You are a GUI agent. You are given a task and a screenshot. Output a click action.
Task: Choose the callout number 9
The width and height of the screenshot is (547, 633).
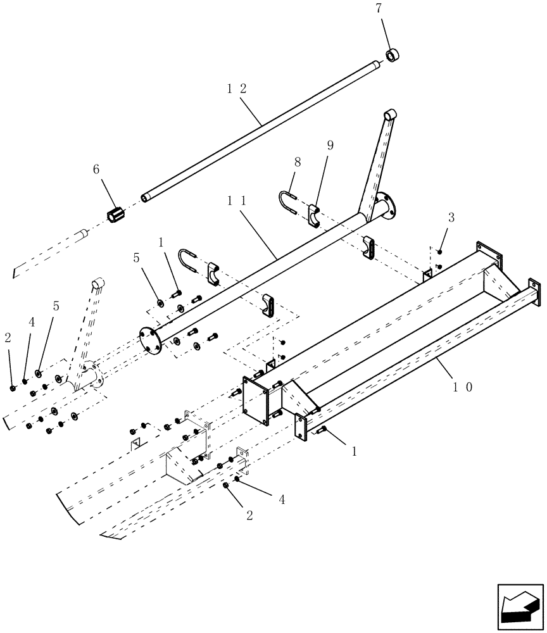pyautogui.click(x=329, y=145)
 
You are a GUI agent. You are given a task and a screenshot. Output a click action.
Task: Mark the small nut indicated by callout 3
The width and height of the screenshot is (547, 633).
pyautogui.click(x=439, y=253)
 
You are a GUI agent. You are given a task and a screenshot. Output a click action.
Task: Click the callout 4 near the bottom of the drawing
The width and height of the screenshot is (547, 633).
pyautogui.click(x=281, y=500)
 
